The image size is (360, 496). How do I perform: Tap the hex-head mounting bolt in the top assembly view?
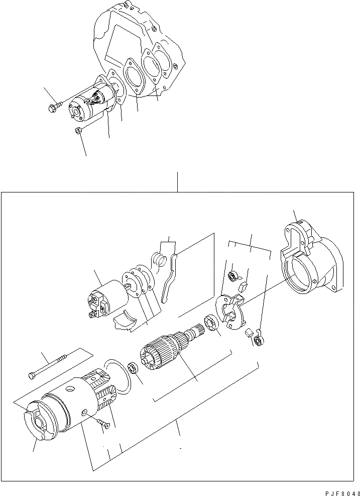point(54,107)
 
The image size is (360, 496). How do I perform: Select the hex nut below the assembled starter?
point(79,132)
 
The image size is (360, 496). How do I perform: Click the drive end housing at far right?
point(311,261)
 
